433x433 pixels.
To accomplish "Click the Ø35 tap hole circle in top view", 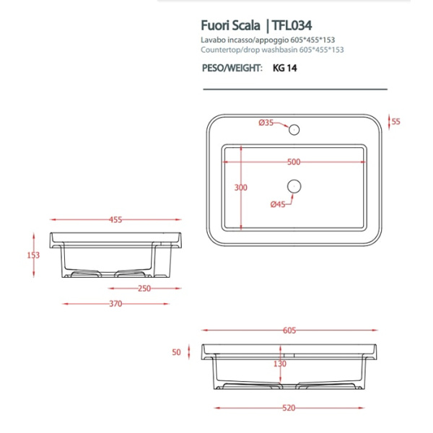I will click(x=293, y=130).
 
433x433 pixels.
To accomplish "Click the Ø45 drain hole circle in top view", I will click(x=293, y=186).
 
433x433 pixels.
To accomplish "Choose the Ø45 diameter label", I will click(x=278, y=204).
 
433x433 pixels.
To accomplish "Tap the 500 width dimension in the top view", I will click(x=293, y=162).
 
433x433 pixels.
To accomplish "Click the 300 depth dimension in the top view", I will click(x=241, y=188).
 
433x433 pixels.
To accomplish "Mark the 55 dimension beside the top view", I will click(x=395, y=121).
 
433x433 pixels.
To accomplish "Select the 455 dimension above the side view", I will click(x=115, y=219).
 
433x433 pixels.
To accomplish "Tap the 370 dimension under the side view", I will click(x=115, y=304).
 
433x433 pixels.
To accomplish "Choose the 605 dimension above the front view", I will click(x=289, y=331).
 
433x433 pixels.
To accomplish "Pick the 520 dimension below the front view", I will click(x=289, y=408).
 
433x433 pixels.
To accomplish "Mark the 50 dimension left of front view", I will click(x=175, y=352).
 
